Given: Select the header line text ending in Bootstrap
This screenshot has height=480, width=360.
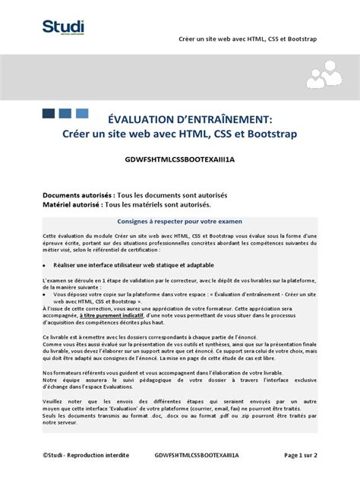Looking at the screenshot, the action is [248, 38].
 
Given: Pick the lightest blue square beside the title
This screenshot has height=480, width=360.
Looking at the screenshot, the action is [82, 113].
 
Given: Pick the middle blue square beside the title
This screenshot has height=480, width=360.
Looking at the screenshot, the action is [66, 113].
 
